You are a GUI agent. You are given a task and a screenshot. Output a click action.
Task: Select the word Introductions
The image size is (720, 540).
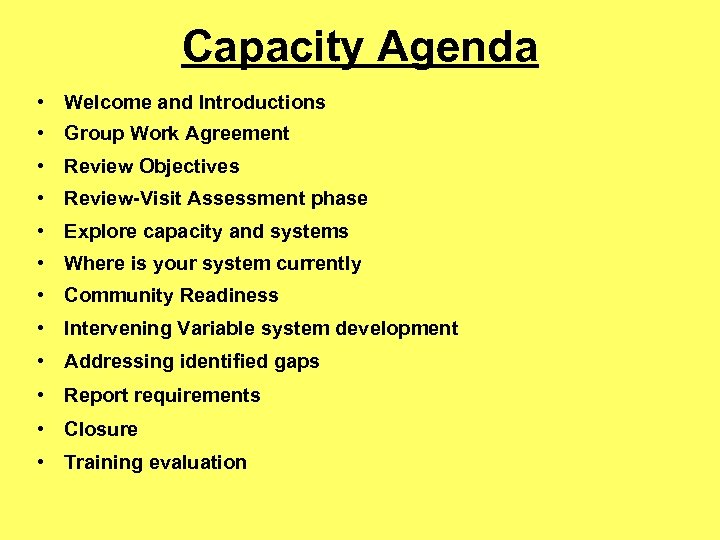tap(262, 102)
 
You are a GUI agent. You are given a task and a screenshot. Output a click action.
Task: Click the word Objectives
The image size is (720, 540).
tap(190, 167)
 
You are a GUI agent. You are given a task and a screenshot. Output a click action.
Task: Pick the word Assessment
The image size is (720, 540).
tap(255, 199)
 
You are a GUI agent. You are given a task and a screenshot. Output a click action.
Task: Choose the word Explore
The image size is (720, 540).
tap(97, 232)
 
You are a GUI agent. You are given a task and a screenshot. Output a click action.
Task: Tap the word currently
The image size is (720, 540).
tap(316, 264)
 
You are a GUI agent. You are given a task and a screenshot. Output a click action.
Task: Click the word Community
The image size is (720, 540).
tap(114, 296)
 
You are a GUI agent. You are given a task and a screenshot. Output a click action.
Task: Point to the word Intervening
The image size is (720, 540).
tap(117, 329)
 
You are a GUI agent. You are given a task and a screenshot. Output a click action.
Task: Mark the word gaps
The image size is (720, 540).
tap(297, 362)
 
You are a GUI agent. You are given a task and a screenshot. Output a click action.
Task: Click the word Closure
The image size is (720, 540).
tap(101, 429)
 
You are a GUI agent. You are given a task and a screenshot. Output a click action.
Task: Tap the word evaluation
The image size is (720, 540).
tap(199, 462)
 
